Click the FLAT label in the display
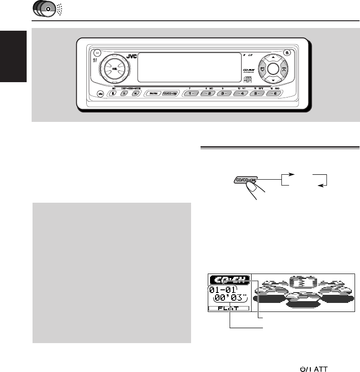[228, 308]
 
